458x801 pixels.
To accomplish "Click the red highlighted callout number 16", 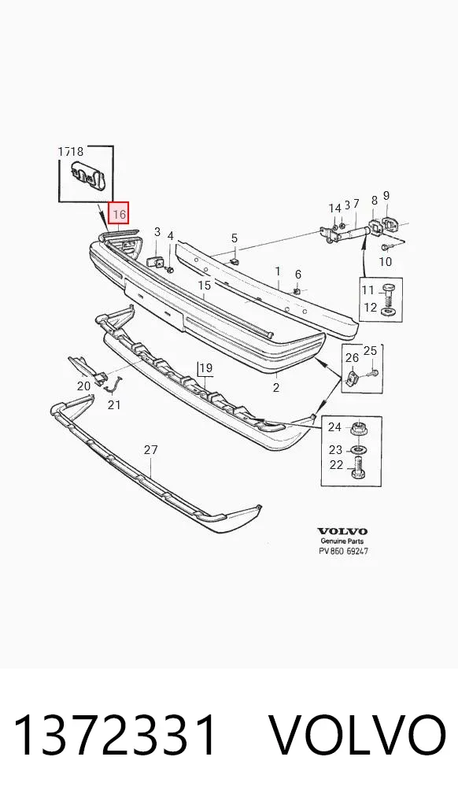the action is [119, 213].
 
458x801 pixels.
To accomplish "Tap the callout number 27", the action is [150, 450].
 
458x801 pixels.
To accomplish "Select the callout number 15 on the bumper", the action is [205, 285].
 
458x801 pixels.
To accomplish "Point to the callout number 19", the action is [205, 367].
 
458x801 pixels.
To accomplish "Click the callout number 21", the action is [114, 404].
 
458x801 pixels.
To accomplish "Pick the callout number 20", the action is [84, 386].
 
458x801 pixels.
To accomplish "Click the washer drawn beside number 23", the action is [358, 449].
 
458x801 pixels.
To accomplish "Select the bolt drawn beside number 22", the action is [358, 467].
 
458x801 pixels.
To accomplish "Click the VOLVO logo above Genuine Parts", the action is [342, 531].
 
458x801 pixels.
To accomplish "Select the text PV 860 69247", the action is [342, 552].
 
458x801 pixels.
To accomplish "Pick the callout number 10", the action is [386, 261].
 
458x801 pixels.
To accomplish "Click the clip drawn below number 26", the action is [353, 378].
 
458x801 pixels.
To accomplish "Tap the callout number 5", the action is [234, 238].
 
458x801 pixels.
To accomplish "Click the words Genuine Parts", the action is [342, 541].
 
